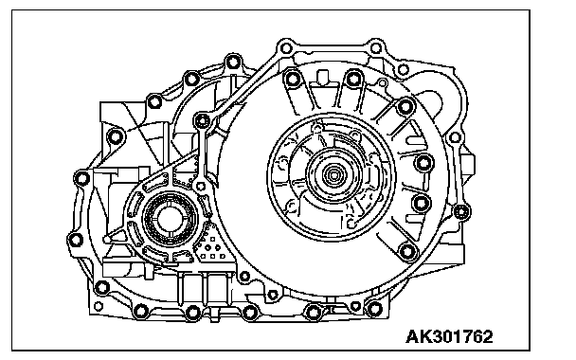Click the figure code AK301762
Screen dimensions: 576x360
coord(449,336)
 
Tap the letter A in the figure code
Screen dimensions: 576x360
coord(412,336)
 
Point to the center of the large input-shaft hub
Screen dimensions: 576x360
coord(333,175)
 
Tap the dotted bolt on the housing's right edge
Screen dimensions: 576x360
coord(461,212)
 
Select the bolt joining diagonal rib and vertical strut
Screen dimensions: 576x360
coord(202,120)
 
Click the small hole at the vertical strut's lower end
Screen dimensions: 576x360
coord(200,187)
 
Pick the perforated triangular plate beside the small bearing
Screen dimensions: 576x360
coord(212,243)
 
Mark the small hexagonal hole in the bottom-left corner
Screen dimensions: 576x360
coord(99,306)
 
